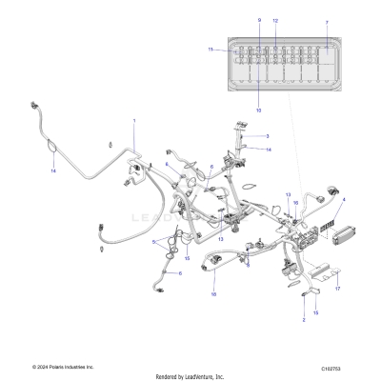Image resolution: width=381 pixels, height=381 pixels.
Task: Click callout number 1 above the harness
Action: click(134, 121)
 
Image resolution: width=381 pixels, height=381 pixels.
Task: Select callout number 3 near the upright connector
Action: click(268, 136)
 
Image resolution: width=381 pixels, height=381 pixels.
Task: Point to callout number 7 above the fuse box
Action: click(327, 20)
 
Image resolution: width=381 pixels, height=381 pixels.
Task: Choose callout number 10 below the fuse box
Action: click(258, 110)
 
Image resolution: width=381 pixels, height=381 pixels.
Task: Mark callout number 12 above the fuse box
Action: click(275, 20)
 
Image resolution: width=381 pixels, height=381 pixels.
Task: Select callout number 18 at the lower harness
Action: click(213, 295)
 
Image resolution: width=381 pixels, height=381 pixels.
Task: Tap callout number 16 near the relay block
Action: click(295, 203)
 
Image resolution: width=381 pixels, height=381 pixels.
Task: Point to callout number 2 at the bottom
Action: click(304, 321)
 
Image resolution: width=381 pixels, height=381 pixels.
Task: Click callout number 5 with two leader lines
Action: click(151, 242)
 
